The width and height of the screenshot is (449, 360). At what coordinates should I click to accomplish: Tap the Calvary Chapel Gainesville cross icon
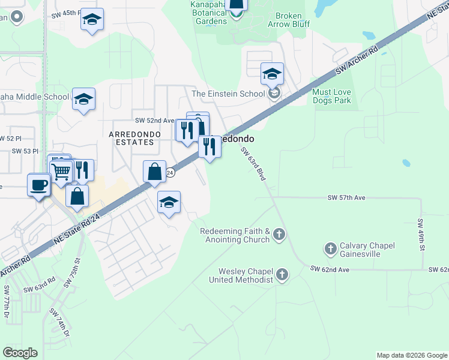tap(330, 248)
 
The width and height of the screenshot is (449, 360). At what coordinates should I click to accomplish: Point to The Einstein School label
tap(228, 94)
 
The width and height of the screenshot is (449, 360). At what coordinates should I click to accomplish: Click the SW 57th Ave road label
tap(346, 197)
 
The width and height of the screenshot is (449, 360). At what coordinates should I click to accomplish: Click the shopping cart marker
tap(61, 172)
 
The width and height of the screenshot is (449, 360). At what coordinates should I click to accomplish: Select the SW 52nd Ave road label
tap(154, 120)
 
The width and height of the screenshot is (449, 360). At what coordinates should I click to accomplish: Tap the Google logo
tap(20, 353)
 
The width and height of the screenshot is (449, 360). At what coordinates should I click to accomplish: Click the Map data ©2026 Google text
tap(411, 355)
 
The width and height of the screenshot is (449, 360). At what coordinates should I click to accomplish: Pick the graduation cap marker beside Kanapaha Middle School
tap(83, 100)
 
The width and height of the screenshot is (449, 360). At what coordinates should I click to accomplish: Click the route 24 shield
tap(170, 172)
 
